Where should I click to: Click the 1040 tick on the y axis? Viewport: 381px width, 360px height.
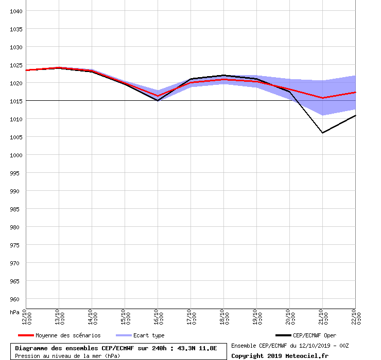[x=16, y=11]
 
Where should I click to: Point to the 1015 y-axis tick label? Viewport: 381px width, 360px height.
[x=16, y=101]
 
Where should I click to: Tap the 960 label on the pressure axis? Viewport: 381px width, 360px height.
[x=14, y=299]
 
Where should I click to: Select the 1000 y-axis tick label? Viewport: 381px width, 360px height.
[x=16, y=155]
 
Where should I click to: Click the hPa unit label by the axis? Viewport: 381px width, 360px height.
[x=14, y=312]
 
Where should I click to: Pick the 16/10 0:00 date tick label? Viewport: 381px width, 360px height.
[x=159, y=317]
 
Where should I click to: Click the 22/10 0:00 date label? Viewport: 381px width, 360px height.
[x=356, y=317]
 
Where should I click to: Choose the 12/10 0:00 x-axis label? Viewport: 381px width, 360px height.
[x=27, y=317]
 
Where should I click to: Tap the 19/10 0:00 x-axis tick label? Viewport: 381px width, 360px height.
[x=257, y=317]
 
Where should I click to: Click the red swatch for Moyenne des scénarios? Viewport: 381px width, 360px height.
[x=26, y=335]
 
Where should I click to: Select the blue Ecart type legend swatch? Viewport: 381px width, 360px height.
[x=124, y=335]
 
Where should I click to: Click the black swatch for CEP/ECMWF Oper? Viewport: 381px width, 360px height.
[x=283, y=335]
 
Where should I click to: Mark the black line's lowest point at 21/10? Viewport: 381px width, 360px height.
[x=322, y=133]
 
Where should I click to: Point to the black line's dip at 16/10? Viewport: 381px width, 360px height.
[x=158, y=100]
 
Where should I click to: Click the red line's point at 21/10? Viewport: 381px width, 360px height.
[x=322, y=98]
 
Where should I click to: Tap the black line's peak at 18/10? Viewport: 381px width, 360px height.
[x=224, y=75]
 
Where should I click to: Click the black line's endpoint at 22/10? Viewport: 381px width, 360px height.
[x=355, y=116]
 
